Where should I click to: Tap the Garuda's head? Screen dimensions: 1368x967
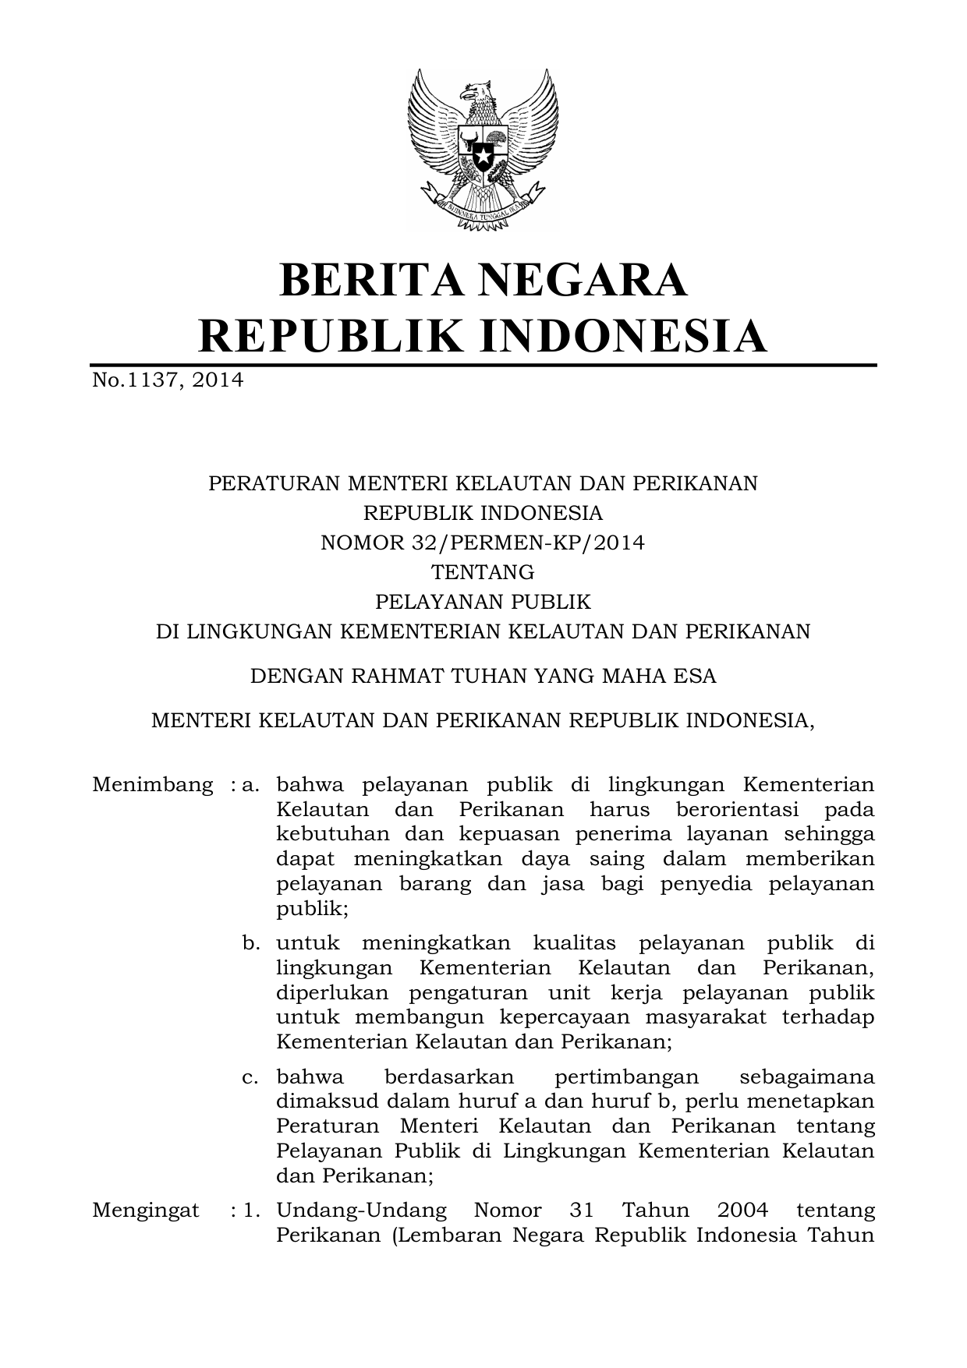(x=477, y=93)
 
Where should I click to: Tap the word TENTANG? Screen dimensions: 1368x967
(x=483, y=572)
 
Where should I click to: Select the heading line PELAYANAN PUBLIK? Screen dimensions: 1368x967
(x=483, y=602)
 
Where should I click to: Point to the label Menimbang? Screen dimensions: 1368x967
(x=152, y=784)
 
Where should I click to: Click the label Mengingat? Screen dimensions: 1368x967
(x=146, y=1211)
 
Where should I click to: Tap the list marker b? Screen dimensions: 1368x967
(x=250, y=943)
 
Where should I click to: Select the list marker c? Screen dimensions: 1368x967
(x=250, y=1077)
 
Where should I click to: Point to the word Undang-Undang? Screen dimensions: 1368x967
(x=362, y=1211)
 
